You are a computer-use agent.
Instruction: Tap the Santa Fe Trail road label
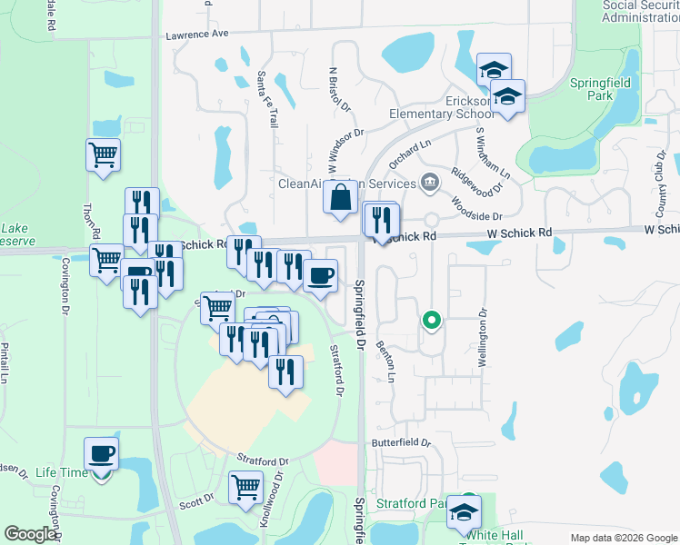coord(266,99)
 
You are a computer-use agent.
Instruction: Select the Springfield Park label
coord(603,88)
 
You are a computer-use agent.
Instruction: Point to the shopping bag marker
coord(340,197)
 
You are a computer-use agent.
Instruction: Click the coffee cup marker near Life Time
coord(102,453)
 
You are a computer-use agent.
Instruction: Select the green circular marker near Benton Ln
coord(432,321)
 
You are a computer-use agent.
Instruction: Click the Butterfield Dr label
coord(401,442)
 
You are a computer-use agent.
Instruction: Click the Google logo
coord(30,534)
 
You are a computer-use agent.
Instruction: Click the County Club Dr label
coord(660,168)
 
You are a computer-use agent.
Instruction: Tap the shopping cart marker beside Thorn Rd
coord(103,154)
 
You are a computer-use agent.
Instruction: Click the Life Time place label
coord(63,473)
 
